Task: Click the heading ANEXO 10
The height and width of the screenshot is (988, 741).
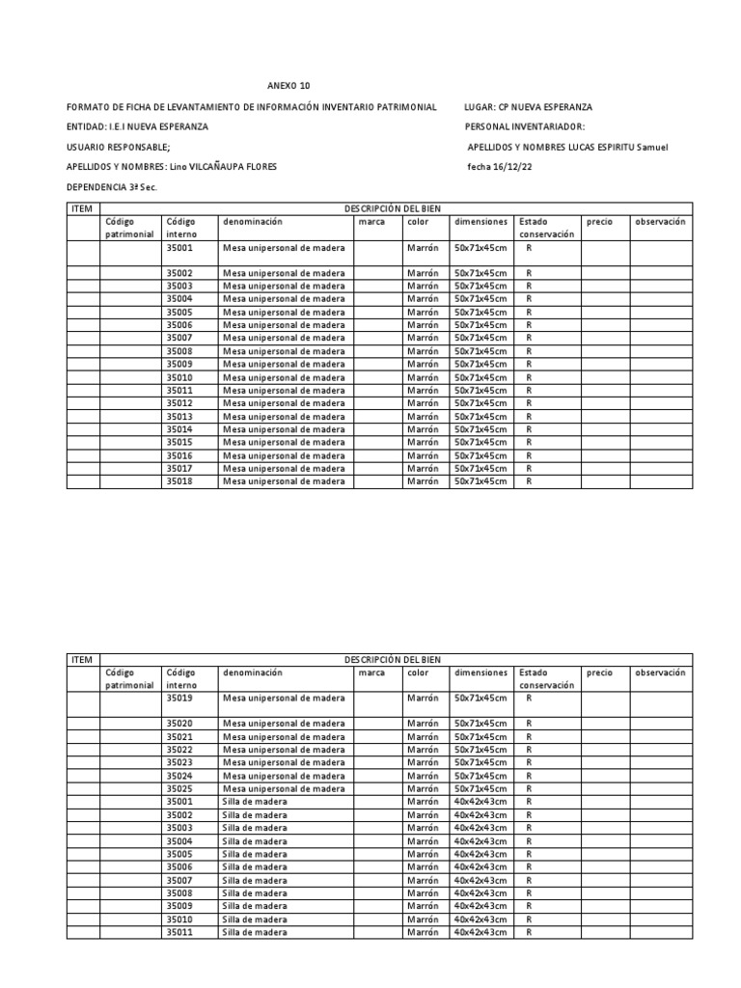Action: coord(289,86)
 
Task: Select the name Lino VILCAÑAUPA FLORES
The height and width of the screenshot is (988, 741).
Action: coord(223,167)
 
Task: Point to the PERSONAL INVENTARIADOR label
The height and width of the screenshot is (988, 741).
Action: coord(524,126)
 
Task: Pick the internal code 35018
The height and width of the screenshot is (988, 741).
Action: coord(179,480)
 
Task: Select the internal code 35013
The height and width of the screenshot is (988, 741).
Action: coord(179,416)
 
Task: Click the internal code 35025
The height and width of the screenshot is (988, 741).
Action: coord(179,788)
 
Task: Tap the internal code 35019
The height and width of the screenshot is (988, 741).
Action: coord(179,698)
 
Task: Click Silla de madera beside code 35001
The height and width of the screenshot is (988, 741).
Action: coord(255,802)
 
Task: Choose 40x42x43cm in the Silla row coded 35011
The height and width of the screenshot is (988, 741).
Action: coord(480,932)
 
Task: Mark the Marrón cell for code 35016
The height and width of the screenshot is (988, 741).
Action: coord(423,455)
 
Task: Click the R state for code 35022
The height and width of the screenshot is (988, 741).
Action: coord(529,750)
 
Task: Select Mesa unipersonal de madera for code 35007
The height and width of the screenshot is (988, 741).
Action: coord(284,338)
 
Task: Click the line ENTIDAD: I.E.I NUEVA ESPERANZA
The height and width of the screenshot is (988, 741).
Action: coord(136,126)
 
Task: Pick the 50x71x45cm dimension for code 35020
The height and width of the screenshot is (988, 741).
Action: coord(480,724)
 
